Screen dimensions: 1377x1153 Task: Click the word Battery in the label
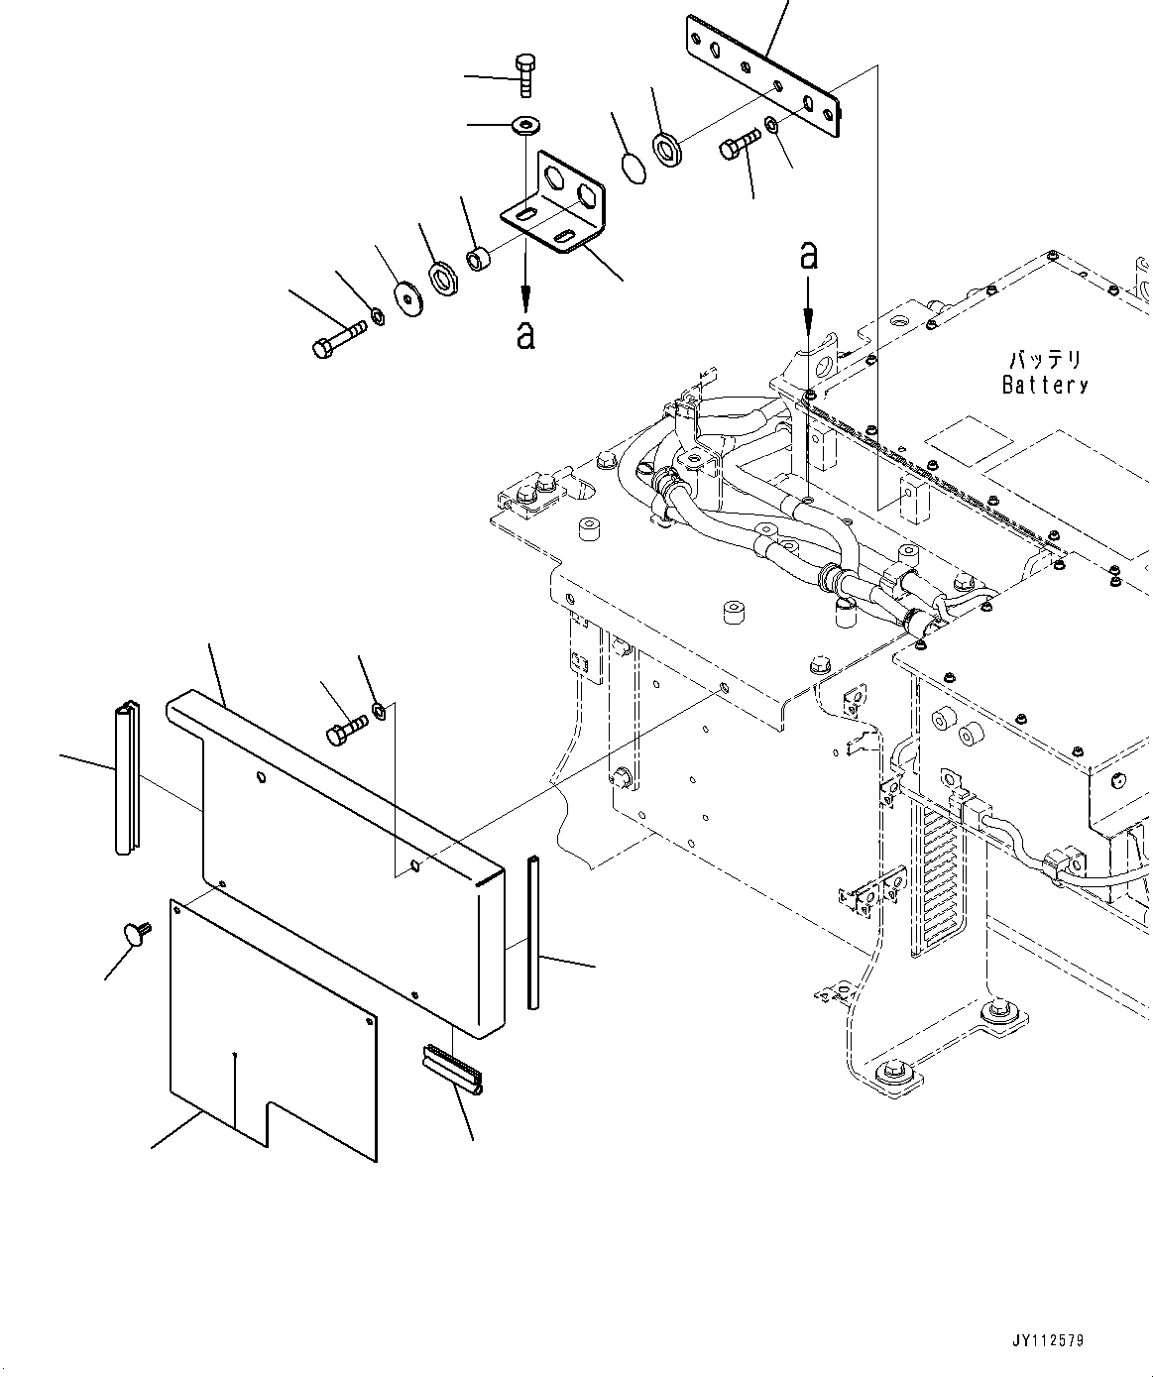pos(1045,386)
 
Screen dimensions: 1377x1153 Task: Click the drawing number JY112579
pos(1049,1340)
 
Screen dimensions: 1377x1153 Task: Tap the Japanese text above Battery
pos(1046,359)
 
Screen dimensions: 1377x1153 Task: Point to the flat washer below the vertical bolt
pos(522,125)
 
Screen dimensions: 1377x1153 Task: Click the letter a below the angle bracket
pos(525,334)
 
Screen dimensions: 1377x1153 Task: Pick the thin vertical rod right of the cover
pos(534,932)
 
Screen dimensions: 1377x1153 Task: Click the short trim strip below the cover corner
pos(452,1071)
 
